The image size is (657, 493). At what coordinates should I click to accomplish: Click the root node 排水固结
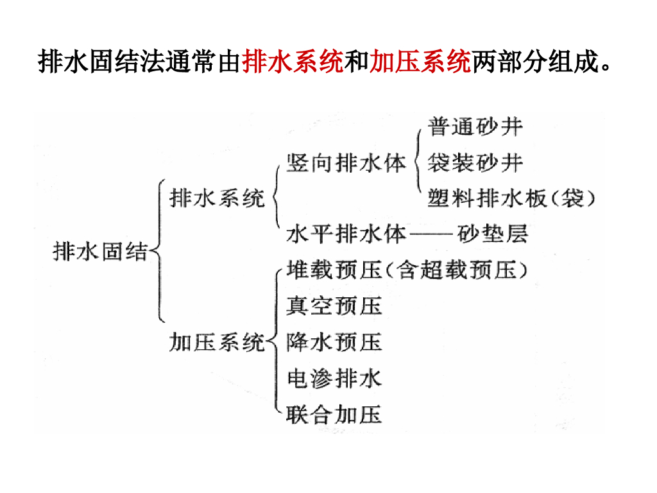pos(99,252)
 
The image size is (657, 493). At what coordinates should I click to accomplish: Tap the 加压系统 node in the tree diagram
pos(217,342)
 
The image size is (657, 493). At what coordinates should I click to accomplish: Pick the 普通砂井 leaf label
pos(475,127)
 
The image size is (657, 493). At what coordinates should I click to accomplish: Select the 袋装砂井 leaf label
pos(475,163)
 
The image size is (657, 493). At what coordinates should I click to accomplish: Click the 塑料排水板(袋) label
pos(511,198)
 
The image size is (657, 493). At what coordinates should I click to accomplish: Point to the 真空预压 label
pos(334,306)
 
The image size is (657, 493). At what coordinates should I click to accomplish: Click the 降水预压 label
pos(334,342)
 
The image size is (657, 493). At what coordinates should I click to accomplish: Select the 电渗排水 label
pos(334,378)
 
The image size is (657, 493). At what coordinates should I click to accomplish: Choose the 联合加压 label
pos(334,414)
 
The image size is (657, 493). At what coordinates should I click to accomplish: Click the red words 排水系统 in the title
pos(293,63)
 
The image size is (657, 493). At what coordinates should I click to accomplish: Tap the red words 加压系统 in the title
pos(420,63)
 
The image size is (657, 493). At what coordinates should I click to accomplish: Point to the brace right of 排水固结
pos(157,252)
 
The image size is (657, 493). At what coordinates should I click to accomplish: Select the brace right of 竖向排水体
pos(418,162)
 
